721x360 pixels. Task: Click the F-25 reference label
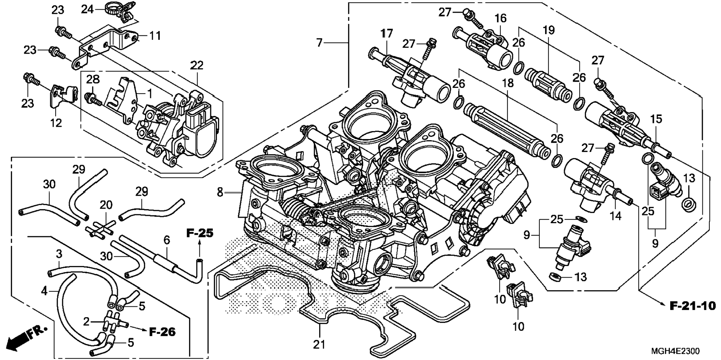pos(200,234)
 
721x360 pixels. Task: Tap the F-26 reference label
pos(162,332)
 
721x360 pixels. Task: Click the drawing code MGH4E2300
pos(675,351)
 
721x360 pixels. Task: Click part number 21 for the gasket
pos(319,345)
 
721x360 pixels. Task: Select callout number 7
pos(319,43)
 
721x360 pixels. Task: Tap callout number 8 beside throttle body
pos(220,193)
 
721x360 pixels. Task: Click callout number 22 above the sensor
pos(197,65)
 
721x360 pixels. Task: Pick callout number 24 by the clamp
pos(88,9)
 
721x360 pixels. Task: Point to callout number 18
pos(508,83)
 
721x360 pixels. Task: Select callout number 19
pos(549,30)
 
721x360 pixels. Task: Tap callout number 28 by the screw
pos(93,79)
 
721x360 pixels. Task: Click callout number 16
pos(500,18)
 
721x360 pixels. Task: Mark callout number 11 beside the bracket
pos(155,36)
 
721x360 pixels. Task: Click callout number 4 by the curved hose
pos(44,291)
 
